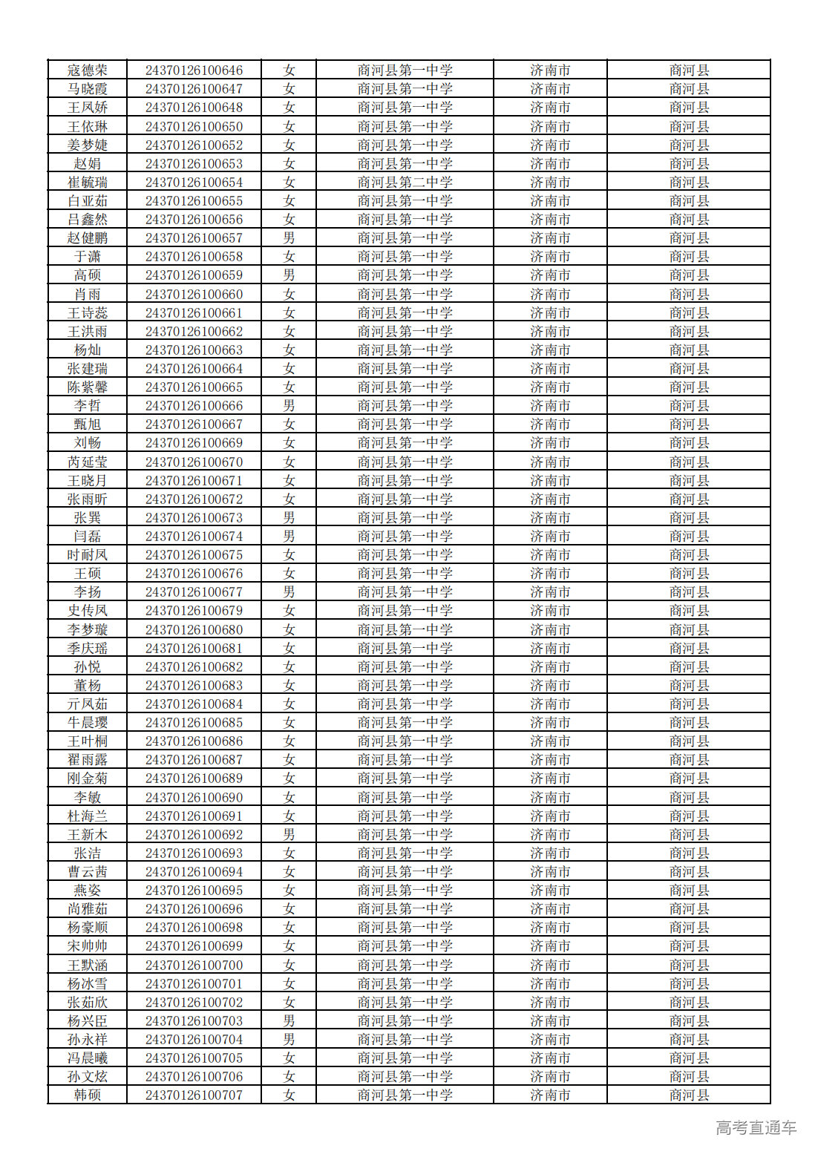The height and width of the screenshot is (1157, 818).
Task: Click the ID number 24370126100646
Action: click(x=194, y=71)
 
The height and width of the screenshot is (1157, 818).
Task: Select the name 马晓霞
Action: click(x=88, y=89)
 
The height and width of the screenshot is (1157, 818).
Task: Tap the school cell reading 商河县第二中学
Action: click(x=405, y=183)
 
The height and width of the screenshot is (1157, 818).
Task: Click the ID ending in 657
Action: click(x=194, y=238)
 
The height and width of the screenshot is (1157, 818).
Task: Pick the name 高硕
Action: click(x=88, y=275)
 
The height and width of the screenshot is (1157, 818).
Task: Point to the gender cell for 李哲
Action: click(x=289, y=406)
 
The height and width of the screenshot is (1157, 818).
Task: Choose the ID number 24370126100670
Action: click(x=194, y=462)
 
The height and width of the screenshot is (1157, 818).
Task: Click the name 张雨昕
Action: click(x=88, y=499)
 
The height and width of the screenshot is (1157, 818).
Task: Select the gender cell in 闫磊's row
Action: click(x=289, y=537)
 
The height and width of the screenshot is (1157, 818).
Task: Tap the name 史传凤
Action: click(x=88, y=611)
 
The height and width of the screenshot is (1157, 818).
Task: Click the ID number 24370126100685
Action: click(x=194, y=723)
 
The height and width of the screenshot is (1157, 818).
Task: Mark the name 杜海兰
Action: click(x=88, y=816)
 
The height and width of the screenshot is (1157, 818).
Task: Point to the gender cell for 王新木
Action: click(x=289, y=835)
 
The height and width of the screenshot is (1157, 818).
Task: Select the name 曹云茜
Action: click(x=88, y=872)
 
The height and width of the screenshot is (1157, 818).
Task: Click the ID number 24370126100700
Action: click(x=194, y=966)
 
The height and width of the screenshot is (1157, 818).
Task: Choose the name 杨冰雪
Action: click(x=88, y=984)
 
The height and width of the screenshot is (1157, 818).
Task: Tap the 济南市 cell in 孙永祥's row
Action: click(x=550, y=1040)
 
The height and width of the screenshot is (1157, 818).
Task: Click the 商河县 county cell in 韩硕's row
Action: click(x=689, y=1095)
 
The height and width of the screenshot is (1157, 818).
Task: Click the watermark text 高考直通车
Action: click(x=756, y=1128)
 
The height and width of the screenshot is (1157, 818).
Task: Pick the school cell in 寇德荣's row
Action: click(x=405, y=71)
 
